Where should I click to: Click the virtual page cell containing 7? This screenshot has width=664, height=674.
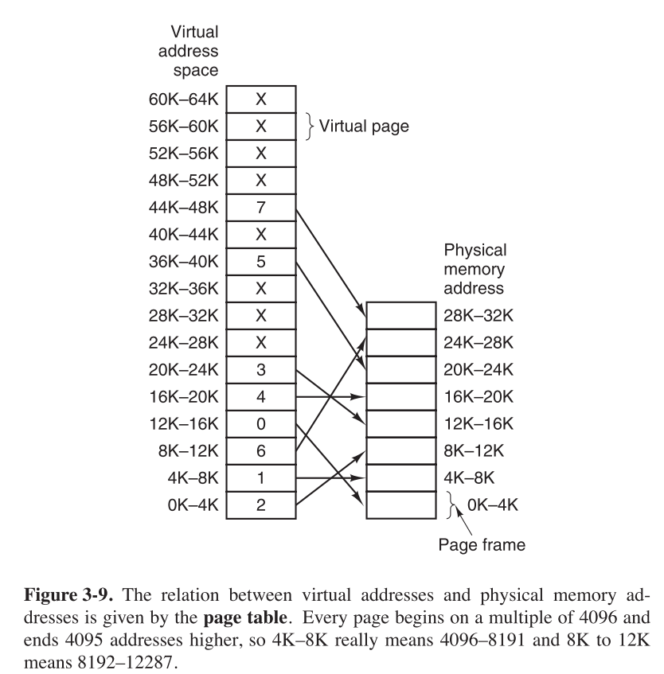coord(261,207)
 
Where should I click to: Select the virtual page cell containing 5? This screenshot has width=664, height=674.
coord(261,261)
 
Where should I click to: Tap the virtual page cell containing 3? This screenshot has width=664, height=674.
coord(261,369)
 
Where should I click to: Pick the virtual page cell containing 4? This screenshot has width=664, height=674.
coord(261,396)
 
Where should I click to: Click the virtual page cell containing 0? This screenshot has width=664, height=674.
coord(261,423)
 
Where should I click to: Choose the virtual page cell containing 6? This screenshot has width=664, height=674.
coord(261,450)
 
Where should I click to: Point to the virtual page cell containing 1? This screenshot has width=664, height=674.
coord(261,477)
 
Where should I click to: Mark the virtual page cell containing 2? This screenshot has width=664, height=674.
coord(261,505)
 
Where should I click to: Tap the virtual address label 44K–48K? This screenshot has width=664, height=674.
coord(185,207)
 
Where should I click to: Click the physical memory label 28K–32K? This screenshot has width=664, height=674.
coord(478,315)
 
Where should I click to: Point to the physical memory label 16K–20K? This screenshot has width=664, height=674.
coord(478,396)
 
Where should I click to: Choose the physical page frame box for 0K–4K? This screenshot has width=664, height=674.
coord(400,505)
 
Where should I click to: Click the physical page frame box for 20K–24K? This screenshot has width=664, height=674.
coord(400,369)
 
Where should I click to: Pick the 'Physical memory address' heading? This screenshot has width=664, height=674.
coord(475,268)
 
